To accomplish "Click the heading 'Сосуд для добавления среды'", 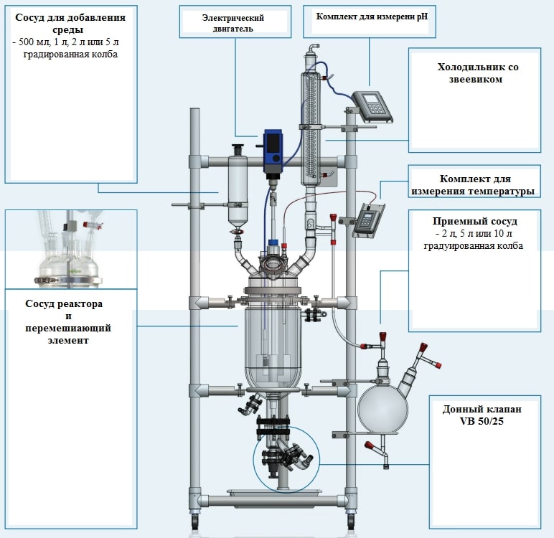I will pyautogui.click(x=70, y=24).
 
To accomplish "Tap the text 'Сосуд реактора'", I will pyautogui.click(x=65, y=304).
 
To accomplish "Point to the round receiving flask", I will pyautogui.click(x=382, y=407).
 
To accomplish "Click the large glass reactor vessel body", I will pyautogui.click(x=273, y=344).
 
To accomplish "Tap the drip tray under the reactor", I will pyautogui.click(x=273, y=494).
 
